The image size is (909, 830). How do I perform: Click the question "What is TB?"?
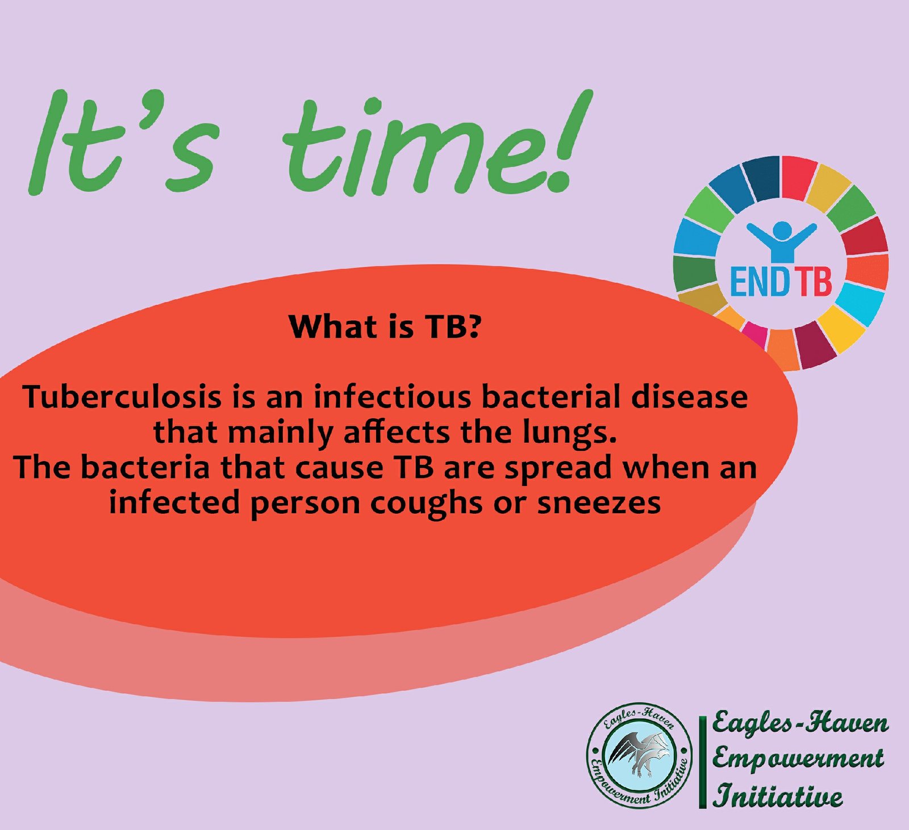(x=385, y=326)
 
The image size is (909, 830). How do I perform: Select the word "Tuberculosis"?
(x=123, y=397)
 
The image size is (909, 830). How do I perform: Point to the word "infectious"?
(x=392, y=397)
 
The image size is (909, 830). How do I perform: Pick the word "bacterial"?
(x=551, y=397)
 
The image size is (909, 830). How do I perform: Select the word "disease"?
(x=690, y=397)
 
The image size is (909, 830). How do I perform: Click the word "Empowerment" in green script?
(x=798, y=758)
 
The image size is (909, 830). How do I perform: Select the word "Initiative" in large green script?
(x=778, y=795)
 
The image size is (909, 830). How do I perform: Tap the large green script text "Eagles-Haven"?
(x=800, y=723)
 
